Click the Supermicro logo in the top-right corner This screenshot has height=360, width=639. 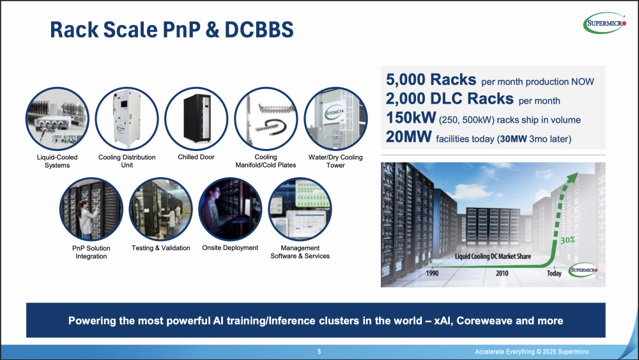point(604,23)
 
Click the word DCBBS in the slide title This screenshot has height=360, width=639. point(259,30)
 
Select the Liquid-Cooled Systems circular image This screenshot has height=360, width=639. point(57,119)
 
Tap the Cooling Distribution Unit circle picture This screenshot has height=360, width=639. point(127,119)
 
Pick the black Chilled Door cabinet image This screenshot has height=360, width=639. point(196,119)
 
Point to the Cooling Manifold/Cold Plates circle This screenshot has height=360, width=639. point(266,119)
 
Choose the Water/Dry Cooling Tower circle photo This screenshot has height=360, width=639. point(336,119)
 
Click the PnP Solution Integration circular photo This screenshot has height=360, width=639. point(91,209)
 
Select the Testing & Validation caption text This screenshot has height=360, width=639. point(161,248)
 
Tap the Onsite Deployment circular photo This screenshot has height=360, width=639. point(230,209)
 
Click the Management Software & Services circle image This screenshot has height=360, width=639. point(300,209)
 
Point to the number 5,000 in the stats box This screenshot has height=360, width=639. point(406,79)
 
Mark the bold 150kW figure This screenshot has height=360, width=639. point(411,118)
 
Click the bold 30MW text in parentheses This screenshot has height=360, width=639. point(514,139)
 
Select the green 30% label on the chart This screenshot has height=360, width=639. point(567,240)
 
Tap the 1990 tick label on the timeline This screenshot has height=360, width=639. point(433,273)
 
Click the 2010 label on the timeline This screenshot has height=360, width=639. point(502,273)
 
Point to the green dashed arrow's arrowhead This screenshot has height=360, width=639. point(573,178)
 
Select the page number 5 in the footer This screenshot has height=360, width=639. point(319,352)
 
